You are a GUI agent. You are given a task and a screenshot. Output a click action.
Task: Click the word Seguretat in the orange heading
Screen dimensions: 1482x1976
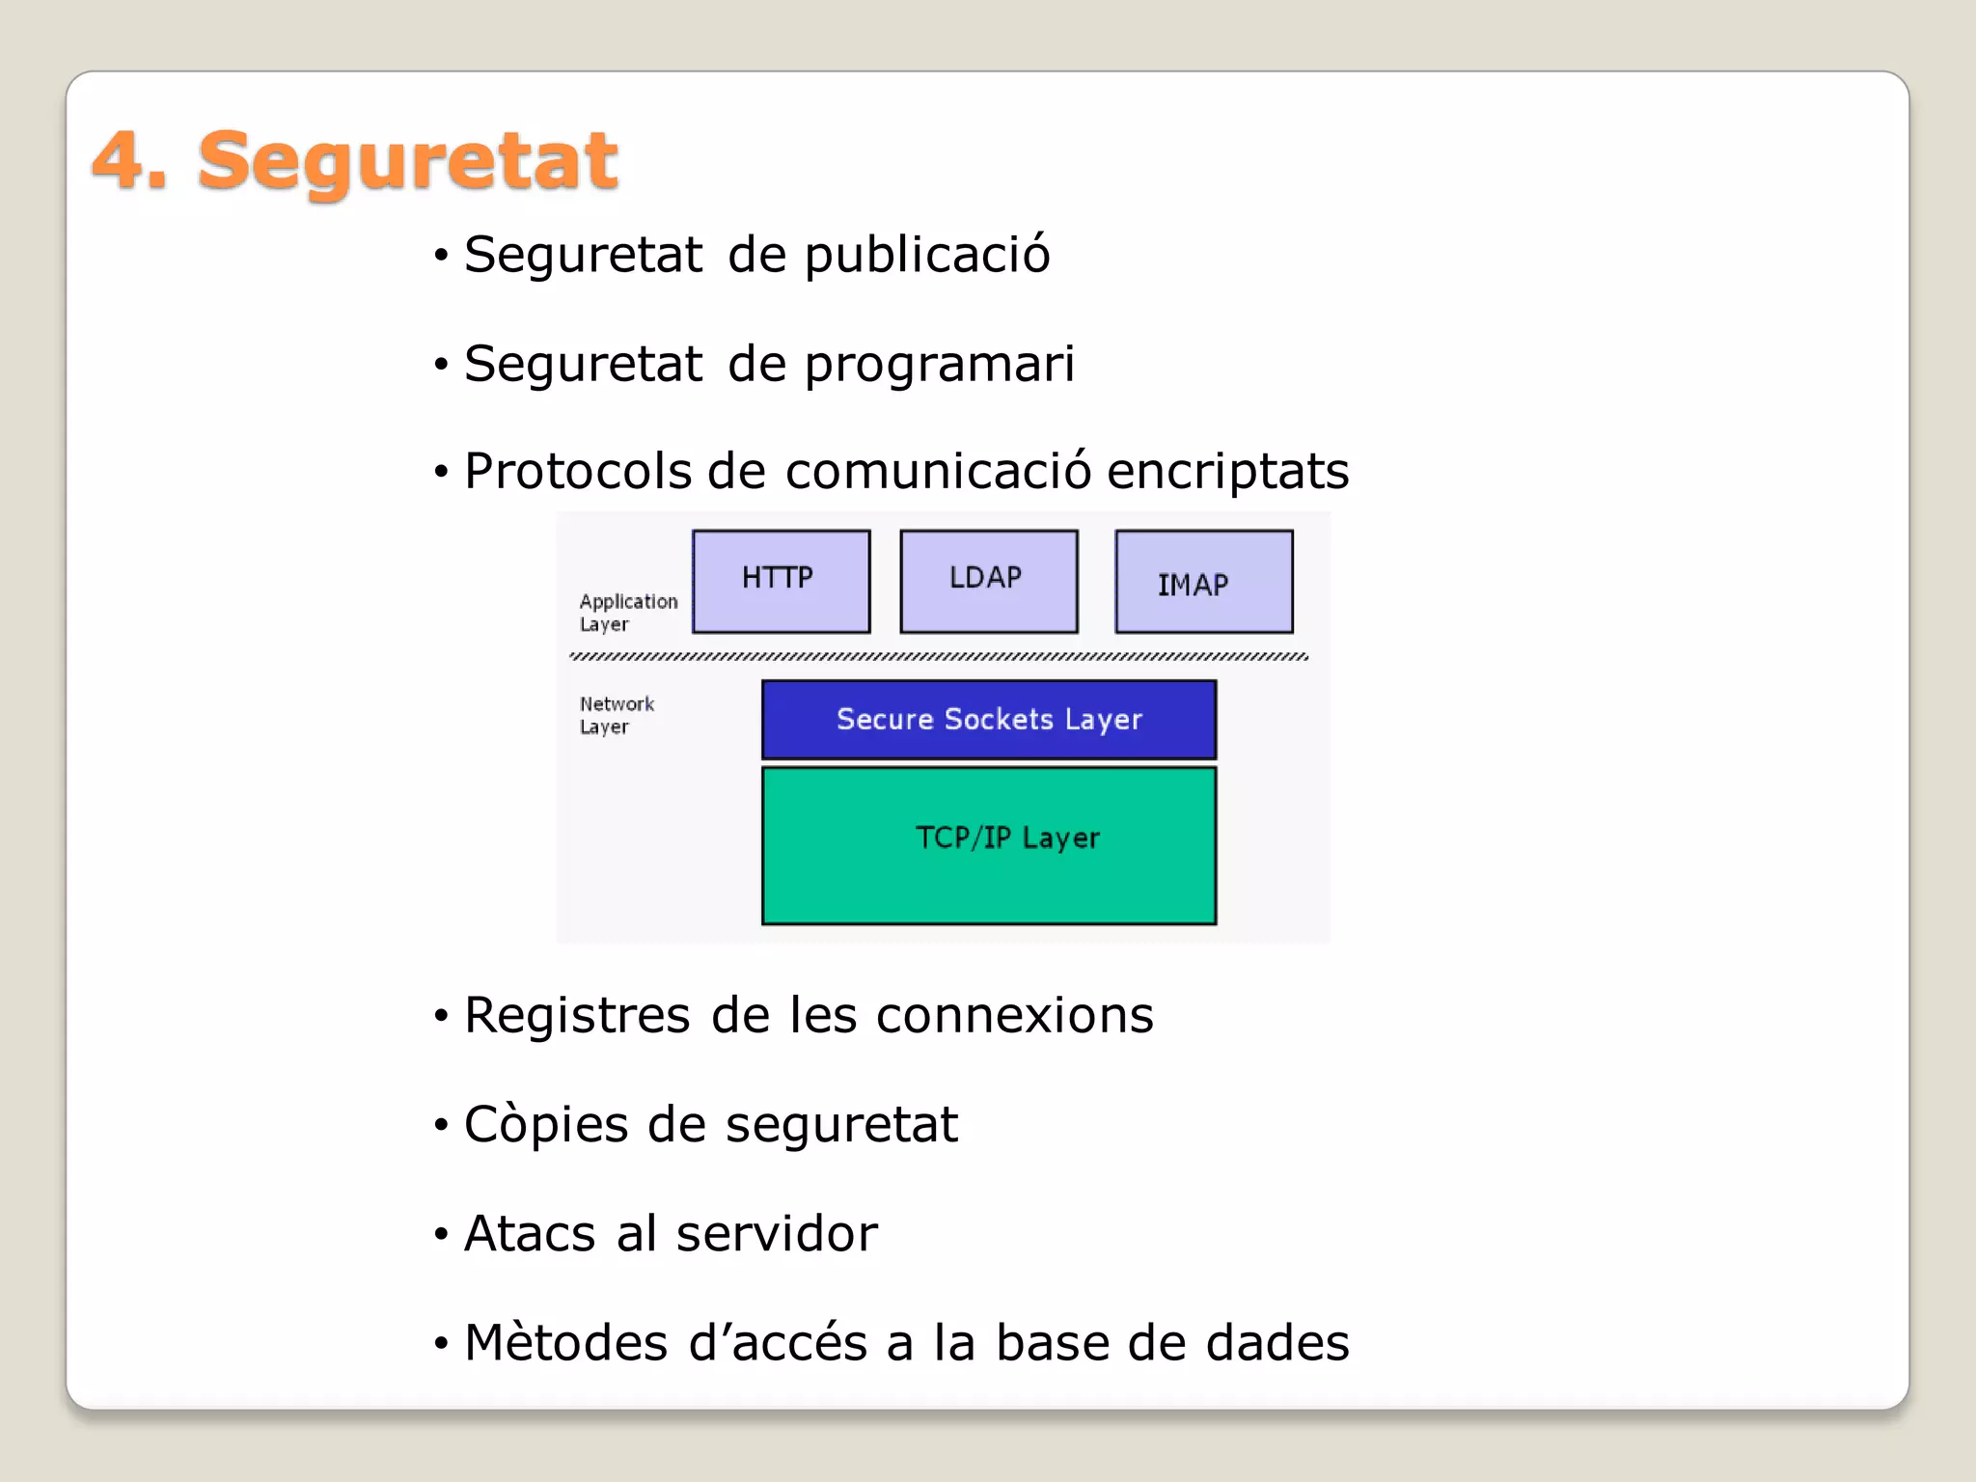407,162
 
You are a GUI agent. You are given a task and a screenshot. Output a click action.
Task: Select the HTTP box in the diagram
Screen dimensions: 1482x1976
781,581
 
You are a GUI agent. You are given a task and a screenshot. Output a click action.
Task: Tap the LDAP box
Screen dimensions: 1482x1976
988,581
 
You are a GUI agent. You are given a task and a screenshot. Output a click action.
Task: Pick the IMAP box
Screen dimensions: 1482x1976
1203,582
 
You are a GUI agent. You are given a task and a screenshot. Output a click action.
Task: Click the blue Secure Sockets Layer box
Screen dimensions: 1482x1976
988,719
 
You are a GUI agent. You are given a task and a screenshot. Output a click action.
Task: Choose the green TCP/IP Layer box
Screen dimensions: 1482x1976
988,844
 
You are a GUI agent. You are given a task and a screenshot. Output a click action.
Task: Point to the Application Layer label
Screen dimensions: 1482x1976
627,613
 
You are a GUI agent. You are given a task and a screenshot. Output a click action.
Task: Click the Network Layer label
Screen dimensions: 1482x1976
616,715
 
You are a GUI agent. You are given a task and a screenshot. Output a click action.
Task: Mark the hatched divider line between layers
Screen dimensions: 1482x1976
938,657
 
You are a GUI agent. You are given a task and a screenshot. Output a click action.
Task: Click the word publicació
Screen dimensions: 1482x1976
926,256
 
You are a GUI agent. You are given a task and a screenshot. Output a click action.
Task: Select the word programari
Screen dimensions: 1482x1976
939,365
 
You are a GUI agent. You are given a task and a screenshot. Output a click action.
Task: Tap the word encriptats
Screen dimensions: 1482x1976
1227,472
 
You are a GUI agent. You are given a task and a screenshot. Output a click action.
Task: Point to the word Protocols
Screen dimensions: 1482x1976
577,472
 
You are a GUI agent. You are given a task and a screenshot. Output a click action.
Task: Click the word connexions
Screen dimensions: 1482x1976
1014,1016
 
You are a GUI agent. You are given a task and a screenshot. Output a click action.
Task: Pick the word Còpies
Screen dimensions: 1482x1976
546,1125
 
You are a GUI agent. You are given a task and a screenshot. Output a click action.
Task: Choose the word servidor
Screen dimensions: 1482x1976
777,1234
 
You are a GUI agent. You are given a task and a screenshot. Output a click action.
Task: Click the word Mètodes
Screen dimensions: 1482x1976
565,1343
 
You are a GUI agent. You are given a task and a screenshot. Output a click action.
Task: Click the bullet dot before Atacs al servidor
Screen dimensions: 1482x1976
441,1234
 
